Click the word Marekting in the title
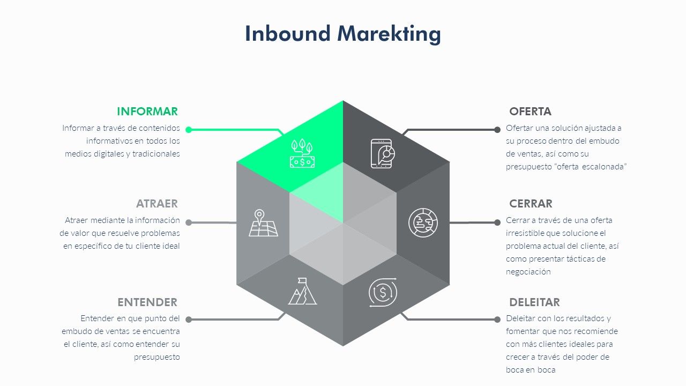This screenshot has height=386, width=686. (389, 34)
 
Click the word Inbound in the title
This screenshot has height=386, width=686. (288, 33)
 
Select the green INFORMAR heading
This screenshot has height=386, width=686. (147, 112)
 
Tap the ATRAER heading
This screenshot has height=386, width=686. (157, 204)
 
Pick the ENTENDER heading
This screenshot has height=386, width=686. (147, 302)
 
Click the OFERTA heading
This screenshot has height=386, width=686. (530, 112)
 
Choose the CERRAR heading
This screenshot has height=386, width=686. (531, 204)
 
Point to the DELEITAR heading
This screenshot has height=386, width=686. (534, 302)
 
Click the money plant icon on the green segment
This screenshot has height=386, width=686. (302, 153)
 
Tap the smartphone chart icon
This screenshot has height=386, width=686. (383, 153)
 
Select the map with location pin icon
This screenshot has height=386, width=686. (263, 222)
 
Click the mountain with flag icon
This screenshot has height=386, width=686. (303, 291)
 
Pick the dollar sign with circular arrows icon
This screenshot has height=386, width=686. (383, 292)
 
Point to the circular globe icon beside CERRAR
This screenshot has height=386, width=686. (423, 222)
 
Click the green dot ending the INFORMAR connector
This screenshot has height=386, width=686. (189, 130)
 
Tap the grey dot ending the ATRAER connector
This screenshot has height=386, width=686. (189, 222)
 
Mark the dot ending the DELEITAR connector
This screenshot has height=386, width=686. (497, 320)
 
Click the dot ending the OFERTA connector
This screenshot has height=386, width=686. (497, 130)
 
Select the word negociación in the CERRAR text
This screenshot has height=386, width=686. (528, 272)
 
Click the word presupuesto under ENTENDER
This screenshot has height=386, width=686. (157, 358)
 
